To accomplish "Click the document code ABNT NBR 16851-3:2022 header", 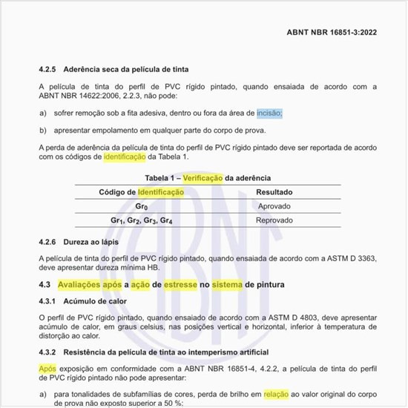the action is click(x=338, y=33).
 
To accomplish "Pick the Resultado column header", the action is click(x=273, y=191).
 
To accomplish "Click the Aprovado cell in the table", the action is click(x=273, y=206).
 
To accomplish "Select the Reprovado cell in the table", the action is click(x=273, y=221).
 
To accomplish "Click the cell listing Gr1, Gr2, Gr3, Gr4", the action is click(x=142, y=221).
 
